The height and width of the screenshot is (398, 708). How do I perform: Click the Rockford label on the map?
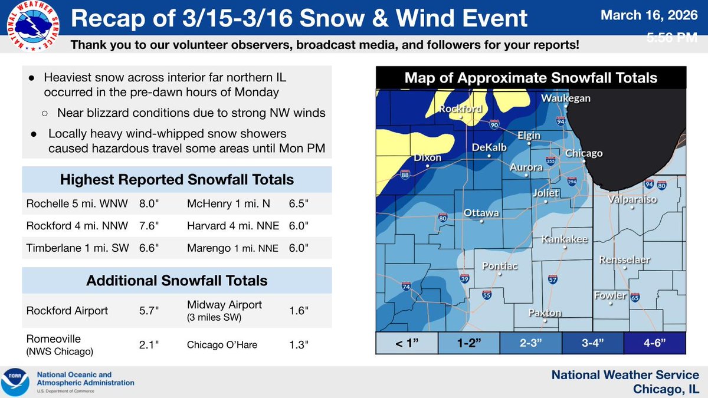coord(460,108)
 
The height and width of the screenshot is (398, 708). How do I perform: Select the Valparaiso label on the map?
coord(632,200)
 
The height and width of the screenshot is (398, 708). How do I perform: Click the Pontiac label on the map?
coord(500,266)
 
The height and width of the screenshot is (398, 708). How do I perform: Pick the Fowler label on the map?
coord(609,295)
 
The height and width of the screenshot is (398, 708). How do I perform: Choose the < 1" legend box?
coord(407,342)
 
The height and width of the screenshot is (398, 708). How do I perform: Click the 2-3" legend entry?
coord(530,342)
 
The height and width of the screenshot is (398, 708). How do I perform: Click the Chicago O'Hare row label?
coord(222,344)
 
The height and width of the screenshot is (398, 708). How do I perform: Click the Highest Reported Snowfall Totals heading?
coord(177,179)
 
